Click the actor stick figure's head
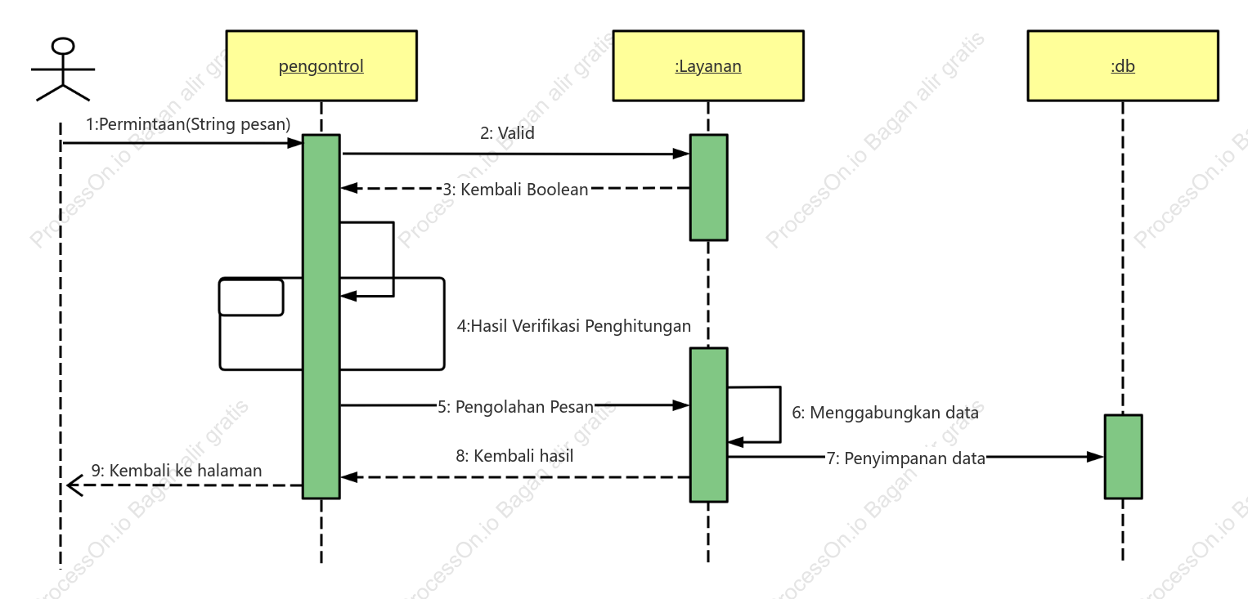(63, 47)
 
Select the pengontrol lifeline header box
(321, 65)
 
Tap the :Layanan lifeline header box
(708, 65)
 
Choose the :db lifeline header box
(1123, 65)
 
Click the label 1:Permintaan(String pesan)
(188, 124)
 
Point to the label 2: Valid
(507, 133)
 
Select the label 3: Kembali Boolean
(515, 190)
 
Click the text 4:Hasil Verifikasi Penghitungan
(574, 326)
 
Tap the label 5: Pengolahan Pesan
(515, 407)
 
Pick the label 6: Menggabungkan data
(886, 413)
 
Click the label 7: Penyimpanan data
(906, 458)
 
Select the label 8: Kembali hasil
(514, 456)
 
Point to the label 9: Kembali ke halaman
(176, 471)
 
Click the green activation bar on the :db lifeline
(1123, 457)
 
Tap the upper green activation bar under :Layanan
(709, 188)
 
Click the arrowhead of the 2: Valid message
(681, 154)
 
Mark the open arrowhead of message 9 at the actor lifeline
(74, 485)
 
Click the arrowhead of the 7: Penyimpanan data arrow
(1095, 457)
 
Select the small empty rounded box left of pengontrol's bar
(251, 297)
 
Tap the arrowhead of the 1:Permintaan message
(294, 143)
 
